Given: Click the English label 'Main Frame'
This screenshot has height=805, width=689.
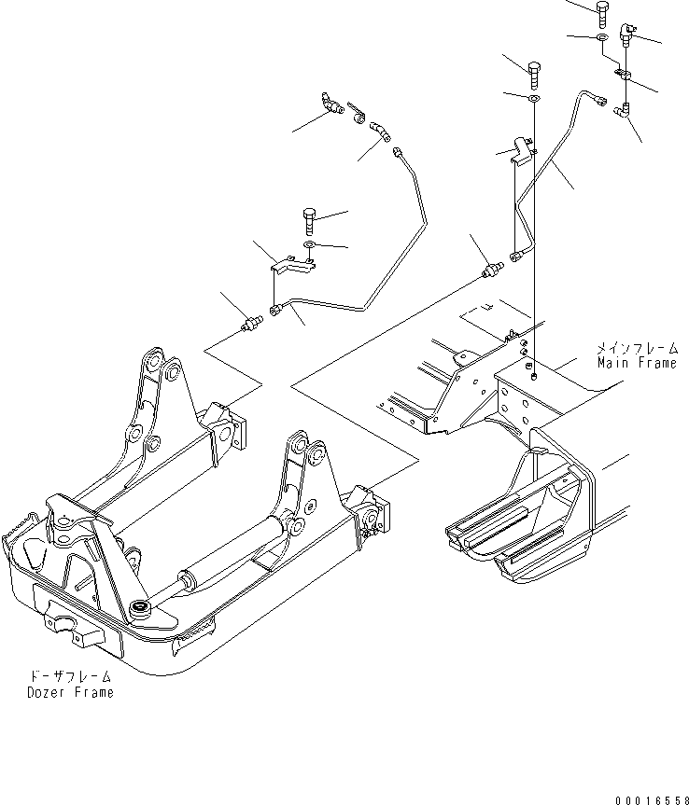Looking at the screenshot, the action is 637,363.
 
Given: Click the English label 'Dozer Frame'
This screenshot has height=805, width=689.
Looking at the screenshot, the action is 70,692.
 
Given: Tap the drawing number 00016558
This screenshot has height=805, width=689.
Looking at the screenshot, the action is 652,799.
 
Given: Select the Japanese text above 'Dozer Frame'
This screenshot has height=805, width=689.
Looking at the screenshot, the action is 71,677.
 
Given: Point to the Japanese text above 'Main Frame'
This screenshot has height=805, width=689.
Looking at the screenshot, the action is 637,349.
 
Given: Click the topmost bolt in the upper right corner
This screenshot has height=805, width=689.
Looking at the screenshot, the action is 603,13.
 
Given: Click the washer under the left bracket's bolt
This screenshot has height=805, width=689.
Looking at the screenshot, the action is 310,243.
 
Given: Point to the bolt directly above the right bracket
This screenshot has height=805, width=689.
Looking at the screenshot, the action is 533,76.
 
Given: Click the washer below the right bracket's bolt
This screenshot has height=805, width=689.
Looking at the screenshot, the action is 534,98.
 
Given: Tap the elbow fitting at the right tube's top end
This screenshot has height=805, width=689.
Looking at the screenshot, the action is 622,110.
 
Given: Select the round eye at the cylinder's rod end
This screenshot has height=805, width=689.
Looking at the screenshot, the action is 139,609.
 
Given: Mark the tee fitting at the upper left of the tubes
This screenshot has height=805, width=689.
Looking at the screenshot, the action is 332,103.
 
